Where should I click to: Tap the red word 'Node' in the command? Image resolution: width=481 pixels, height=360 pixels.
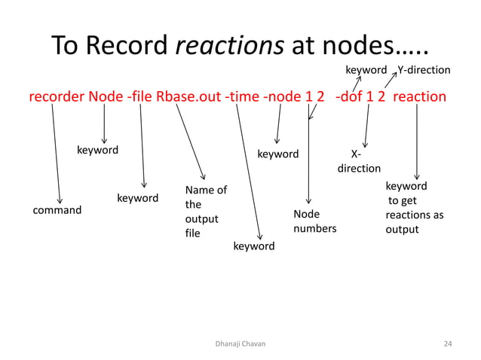(x=104, y=97)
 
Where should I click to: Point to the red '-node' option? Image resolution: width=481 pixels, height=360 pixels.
(x=282, y=97)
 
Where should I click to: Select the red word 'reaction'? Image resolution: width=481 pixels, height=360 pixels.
(x=420, y=97)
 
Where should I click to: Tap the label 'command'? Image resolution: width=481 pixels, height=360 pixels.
(x=57, y=210)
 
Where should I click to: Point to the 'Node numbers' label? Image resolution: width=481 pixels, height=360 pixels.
(x=314, y=221)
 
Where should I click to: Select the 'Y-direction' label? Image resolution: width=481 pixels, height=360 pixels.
(x=424, y=70)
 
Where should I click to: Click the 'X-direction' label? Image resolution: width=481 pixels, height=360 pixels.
(x=359, y=161)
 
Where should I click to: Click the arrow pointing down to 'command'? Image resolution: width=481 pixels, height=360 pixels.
(x=57, y=151)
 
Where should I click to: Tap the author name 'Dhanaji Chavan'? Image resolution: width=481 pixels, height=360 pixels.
(x=240, y=343)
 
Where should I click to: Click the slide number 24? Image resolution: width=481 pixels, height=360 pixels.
(x=448, y=343)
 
